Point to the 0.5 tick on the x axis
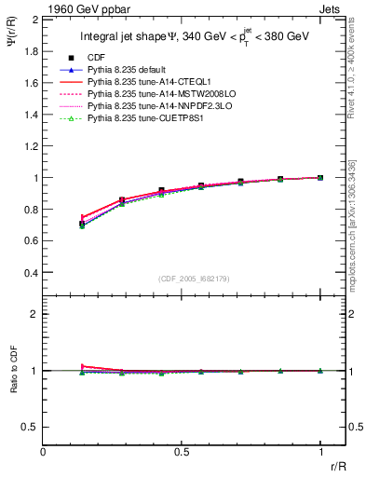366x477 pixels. click(182, 451)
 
